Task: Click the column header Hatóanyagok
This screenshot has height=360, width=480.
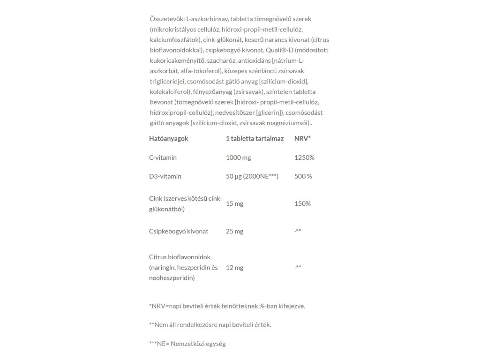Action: tap(168, 139)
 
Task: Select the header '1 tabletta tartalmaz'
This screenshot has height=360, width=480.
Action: tap(255, 139)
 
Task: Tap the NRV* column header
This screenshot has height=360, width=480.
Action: tap(302, 139)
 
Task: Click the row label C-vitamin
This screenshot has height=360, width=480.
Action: tap(163, 157)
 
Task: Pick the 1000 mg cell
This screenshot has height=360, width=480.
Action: tap(238, 157)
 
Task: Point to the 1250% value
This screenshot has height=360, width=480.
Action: tap(304, 157)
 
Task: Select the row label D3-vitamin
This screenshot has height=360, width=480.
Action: tap(165, 176)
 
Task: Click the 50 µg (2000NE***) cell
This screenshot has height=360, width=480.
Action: tap(252, 176)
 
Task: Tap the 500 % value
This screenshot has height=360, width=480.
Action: tap(303, 176)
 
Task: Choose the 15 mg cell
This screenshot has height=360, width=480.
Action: tap(234, 204)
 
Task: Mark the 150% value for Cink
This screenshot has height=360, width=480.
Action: tap(302, 204)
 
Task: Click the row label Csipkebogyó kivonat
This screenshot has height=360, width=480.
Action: tap(178, 231)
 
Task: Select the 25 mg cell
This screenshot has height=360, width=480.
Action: tap(234, 231)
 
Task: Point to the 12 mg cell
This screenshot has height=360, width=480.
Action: tap(234, 268)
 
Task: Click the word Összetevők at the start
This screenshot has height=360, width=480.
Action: tap(166, 19)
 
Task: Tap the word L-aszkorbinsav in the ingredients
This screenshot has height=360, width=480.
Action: tap(207, 19)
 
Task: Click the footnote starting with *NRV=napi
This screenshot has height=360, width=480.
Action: tap(227, 306)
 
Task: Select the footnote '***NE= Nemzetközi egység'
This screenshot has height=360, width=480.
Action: tap(187, 344)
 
